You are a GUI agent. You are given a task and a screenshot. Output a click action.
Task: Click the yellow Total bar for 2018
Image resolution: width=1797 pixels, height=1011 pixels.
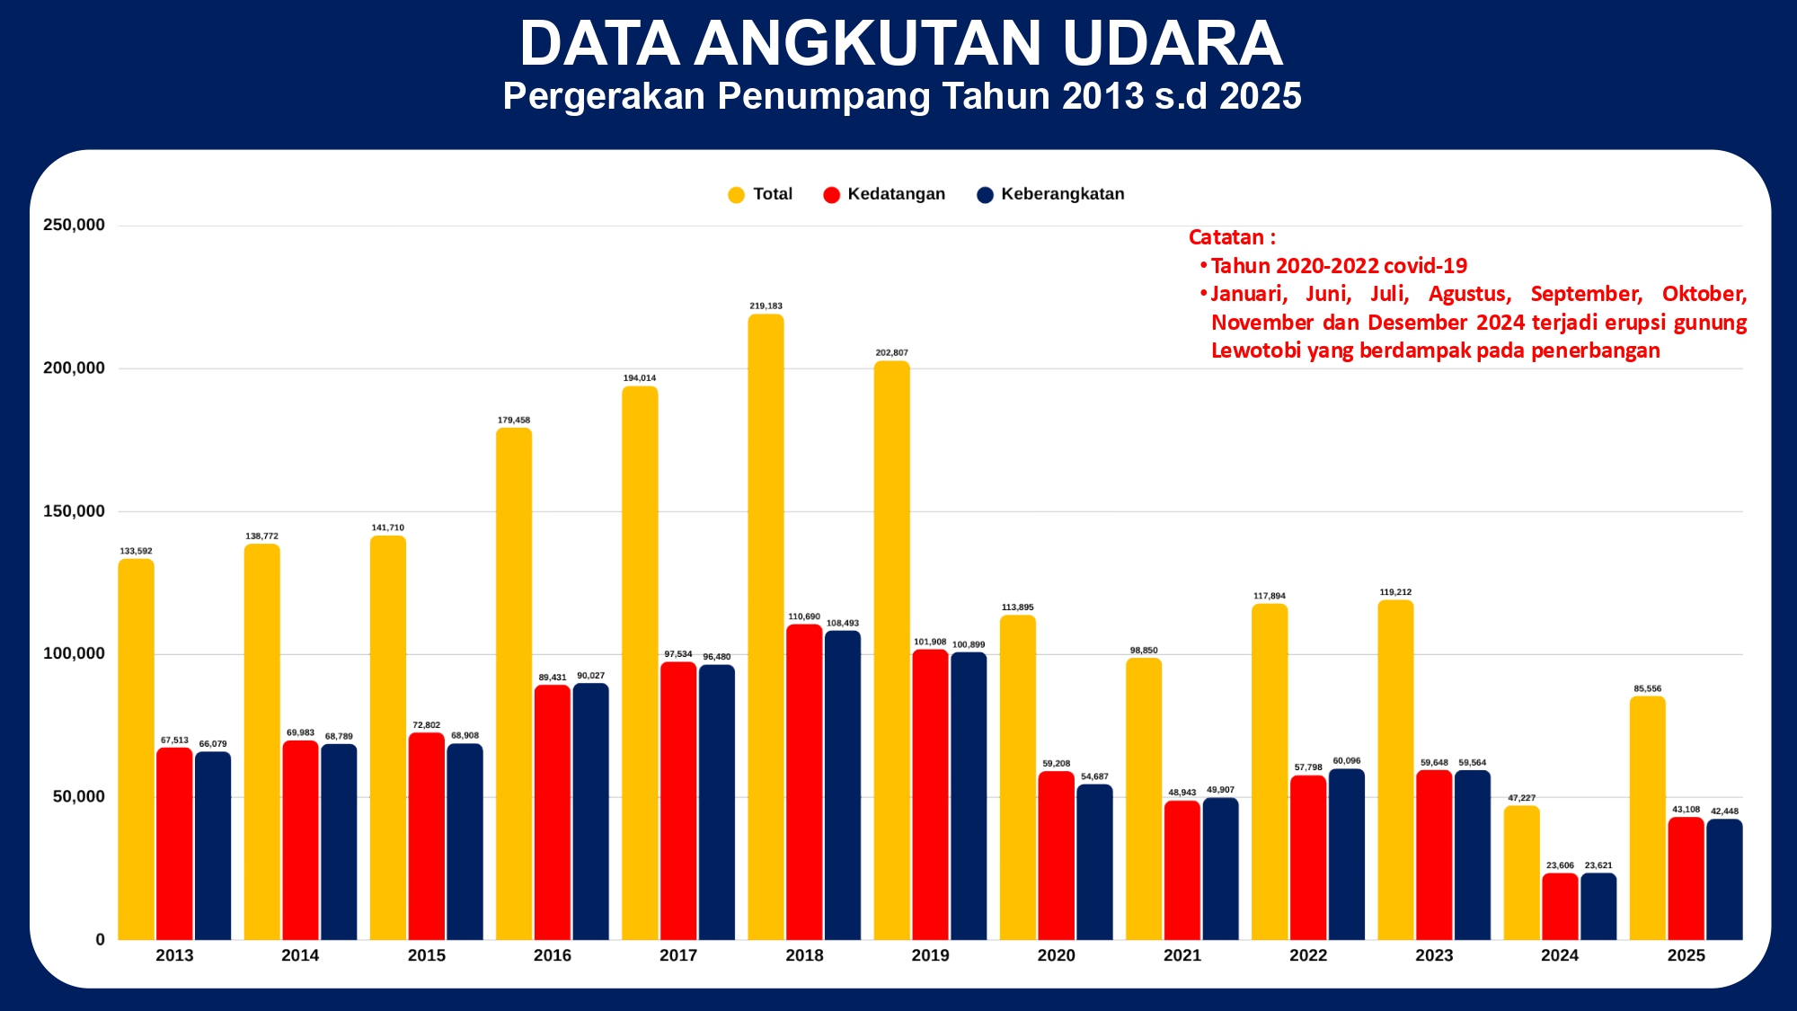[766, 629]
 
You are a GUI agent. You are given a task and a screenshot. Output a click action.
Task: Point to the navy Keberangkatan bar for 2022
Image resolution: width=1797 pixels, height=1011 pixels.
[1346, 855]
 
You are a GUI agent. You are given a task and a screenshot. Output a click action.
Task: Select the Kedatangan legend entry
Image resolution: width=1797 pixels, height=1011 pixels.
[884, 194]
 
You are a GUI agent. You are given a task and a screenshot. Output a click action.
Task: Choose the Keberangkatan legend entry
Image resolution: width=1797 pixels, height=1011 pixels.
[1050, 194]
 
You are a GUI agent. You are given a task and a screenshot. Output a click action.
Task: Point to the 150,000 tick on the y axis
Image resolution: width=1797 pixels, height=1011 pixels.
[74, 511]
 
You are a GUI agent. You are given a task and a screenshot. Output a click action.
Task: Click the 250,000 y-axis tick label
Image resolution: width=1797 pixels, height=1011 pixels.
[74, 225]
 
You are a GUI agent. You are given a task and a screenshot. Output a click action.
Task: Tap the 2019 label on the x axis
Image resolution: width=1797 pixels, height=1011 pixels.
[930, 955]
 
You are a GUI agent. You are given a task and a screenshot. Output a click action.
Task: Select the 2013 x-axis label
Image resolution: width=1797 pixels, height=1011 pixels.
[174, 955]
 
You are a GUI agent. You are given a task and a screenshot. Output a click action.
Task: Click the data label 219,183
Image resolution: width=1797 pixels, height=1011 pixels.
[766, 306]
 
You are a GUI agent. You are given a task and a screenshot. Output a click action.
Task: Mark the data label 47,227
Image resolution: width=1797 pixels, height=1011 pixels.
[1521, 798]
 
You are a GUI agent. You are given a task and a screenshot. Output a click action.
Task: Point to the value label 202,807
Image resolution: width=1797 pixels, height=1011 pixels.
[891, 353]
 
